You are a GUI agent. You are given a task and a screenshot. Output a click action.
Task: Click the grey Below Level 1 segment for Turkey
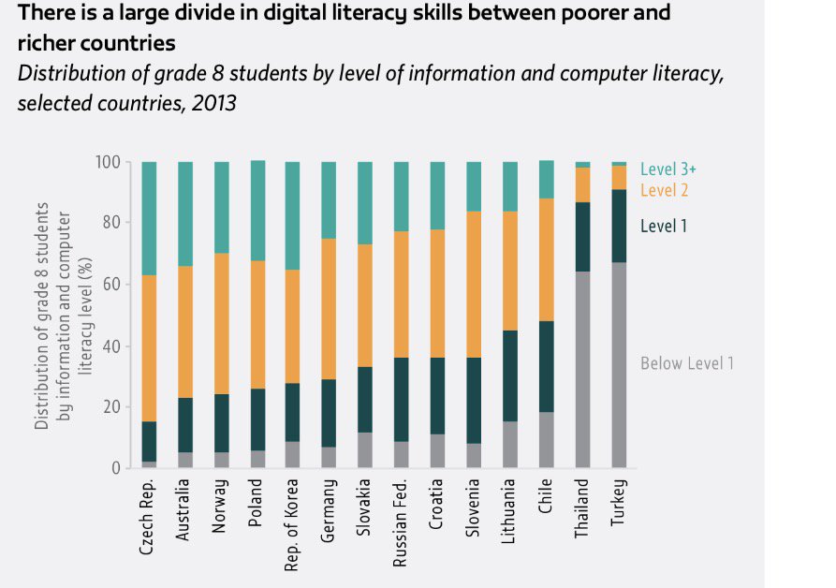[x=619, y=365]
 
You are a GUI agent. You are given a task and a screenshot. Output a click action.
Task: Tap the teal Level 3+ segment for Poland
[x=257, y=206]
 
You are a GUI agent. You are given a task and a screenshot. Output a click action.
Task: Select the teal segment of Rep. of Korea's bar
[x=293, y=215]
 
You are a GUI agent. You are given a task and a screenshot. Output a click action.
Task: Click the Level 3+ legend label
[x=669, y=169]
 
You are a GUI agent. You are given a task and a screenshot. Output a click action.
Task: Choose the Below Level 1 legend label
[x=686, y=363]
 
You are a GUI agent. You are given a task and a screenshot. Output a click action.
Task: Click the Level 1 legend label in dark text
[x=665, y=226]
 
